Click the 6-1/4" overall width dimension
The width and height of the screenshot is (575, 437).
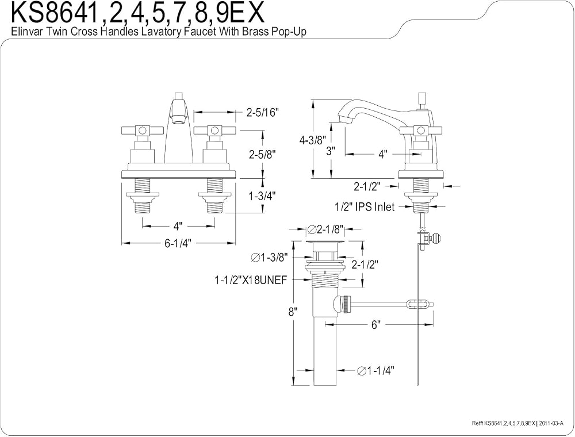178,243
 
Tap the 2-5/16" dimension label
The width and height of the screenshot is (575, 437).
263,113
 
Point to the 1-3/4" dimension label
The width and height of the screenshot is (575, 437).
262,196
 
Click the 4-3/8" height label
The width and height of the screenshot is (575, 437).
312,140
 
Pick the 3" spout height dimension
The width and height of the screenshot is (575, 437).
331,151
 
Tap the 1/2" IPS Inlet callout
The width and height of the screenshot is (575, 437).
365,207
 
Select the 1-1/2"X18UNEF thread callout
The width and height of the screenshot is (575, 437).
251,280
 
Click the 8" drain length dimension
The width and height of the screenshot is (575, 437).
293,312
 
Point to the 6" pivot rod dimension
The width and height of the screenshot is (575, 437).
376,324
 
